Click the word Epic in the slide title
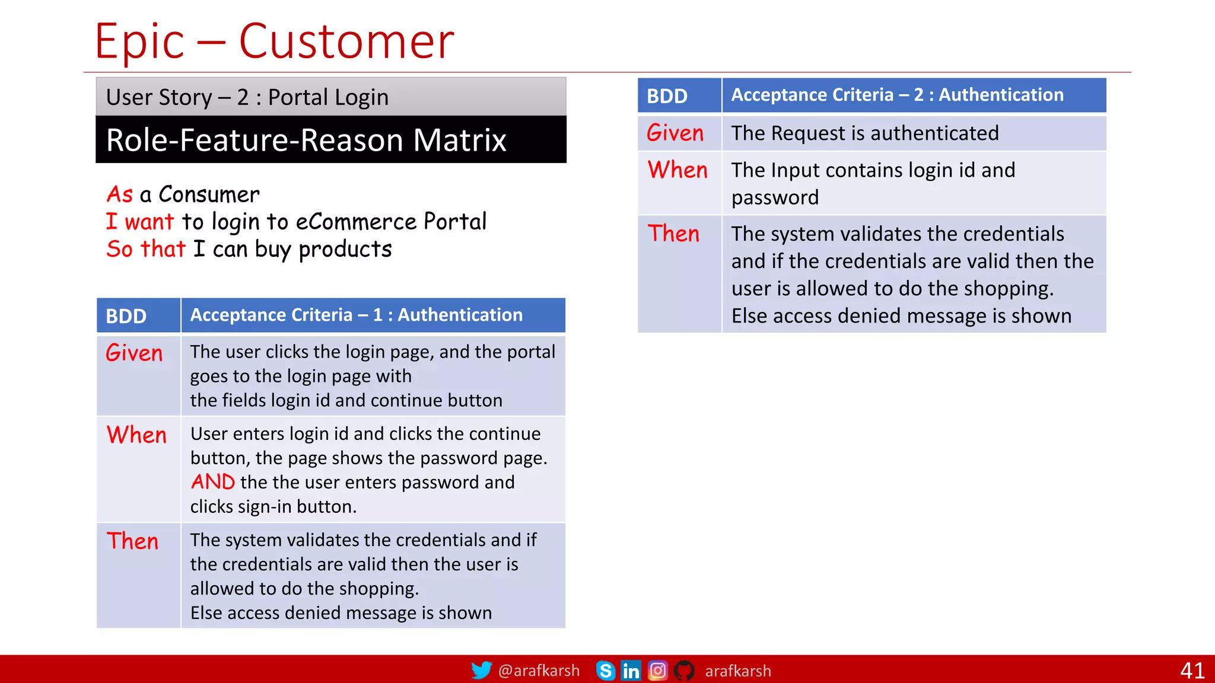139,42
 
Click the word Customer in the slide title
346,42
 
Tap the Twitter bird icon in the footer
481,670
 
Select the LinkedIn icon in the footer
631,671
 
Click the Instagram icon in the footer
657,671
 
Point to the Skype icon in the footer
605,671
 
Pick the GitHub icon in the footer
684,671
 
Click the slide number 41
1192,671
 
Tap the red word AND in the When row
213,482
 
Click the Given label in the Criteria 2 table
675,133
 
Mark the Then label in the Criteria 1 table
133,541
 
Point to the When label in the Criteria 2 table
678,170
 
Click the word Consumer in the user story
209,194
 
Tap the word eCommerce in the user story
356,222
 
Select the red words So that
146,249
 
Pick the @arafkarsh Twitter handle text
539,671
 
